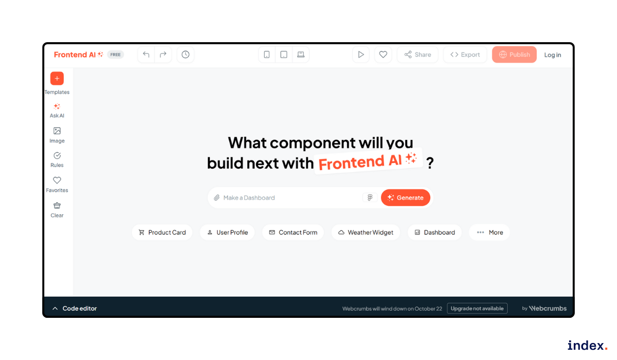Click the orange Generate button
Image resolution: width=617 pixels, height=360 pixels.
tap(406, 197)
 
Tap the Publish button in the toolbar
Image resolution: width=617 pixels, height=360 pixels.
tap(514, 55)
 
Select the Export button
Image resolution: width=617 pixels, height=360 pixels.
tap(465, 55)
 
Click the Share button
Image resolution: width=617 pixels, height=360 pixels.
tap(418, 55)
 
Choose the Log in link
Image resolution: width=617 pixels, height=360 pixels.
tap(553, 55)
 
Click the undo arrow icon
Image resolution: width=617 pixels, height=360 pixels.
tap(146, 55)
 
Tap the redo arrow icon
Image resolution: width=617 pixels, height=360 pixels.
tap(163, 55)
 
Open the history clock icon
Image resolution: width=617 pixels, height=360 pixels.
tap(186, 55)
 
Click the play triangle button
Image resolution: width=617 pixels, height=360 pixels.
tap(361, 55)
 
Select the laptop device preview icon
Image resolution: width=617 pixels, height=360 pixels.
tap(301, 55)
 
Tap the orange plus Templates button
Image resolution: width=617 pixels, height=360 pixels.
tap(57, 79)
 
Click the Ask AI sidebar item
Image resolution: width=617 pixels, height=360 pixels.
tap(57, 110)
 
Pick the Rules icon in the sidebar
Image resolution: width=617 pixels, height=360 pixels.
tap(57, 155)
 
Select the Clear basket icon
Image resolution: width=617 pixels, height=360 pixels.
tap(57, 205)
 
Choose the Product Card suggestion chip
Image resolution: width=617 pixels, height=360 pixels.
tap(162, 232)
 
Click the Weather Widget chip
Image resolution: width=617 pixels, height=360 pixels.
tap(366, 232)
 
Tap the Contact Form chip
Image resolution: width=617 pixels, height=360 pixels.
tap(293, 232)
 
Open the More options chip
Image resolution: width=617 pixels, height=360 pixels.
tap(489, 232)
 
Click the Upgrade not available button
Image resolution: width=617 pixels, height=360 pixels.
tap(477, 309)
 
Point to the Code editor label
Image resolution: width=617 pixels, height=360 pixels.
tap(80, 309)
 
